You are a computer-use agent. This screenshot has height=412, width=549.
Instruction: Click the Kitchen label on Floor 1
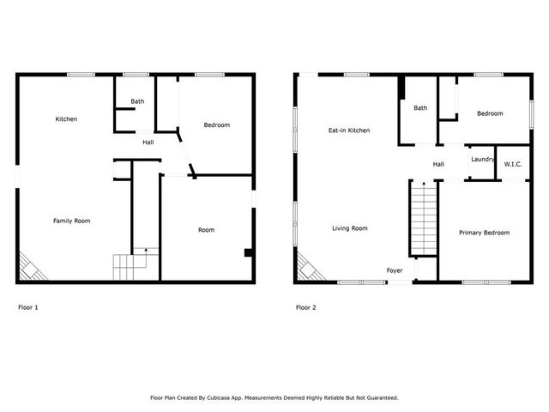[66, 118]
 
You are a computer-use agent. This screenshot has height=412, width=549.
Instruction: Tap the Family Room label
[72, 221]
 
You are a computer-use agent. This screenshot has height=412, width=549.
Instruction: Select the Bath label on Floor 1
[137, 101]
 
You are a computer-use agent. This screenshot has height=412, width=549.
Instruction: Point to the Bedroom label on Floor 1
[216, 125]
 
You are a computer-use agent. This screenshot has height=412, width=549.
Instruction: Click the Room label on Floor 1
[206, 229]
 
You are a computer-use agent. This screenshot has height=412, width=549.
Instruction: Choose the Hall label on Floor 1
[148, 142]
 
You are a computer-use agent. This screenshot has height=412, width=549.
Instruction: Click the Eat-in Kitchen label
[349, 130]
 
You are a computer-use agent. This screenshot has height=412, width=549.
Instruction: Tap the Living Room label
[350, 228]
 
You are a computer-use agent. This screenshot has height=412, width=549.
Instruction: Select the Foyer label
[395, 270]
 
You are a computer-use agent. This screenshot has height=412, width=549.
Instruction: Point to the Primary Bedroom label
[484, 233]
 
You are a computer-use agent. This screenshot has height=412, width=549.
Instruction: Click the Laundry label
[483, 159]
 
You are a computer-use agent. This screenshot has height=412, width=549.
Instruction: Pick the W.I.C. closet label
[513, 164]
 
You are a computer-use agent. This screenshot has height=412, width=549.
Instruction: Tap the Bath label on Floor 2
[420, 108]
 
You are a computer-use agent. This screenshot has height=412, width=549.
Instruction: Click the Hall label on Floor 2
[438, 164]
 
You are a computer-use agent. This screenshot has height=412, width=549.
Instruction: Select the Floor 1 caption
[28, 306]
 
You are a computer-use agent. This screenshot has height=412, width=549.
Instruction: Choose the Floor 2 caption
[306, 306]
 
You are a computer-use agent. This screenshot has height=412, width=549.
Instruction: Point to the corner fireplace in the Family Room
[30, 267]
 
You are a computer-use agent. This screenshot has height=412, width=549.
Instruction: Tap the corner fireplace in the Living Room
[307, 267]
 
